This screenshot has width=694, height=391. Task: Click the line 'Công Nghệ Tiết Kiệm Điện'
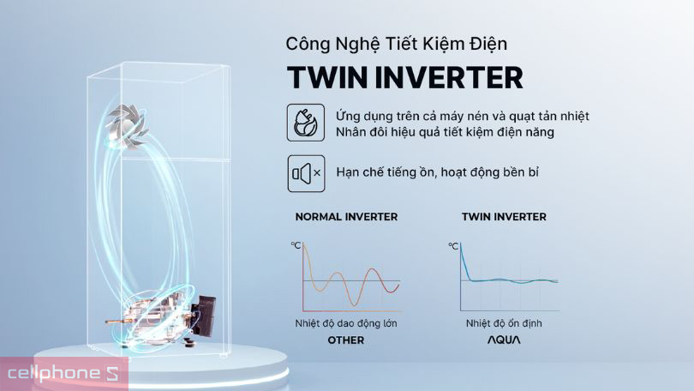tap(402, 43)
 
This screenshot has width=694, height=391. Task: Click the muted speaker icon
tap(306, 172)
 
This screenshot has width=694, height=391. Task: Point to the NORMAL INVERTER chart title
tap(346, 217)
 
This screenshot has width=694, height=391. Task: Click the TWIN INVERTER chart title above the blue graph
tap(504, 217)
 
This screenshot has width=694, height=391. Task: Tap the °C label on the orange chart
tap(296, 245)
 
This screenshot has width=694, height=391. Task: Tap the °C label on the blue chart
tap(454, 246)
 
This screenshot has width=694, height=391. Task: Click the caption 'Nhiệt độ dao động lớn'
tap(346, 323)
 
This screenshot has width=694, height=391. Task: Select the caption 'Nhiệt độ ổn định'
tap(504, 323)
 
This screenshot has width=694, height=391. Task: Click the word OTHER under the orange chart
tap(346, 340)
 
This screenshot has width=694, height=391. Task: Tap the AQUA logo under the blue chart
tap(504, 340)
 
